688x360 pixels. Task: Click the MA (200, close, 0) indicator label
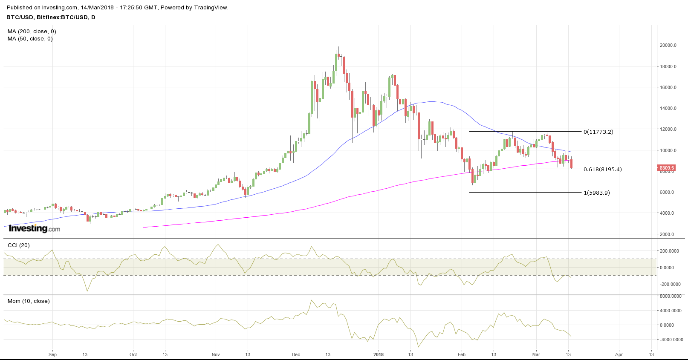point(32,32)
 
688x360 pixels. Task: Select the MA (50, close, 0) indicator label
point(30,39)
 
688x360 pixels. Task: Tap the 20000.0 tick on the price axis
point(668,45)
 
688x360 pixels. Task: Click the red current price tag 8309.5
point(667,168)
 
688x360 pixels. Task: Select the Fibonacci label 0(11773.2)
point(598,132)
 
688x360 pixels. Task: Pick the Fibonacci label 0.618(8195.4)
point(602,170)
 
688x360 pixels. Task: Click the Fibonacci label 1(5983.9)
point(596,193)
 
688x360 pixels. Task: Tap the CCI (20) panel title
point(19,245)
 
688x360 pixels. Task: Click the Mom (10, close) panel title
point(29,301)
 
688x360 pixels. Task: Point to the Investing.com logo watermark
point(35,228)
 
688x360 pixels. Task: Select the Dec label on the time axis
point(296,354)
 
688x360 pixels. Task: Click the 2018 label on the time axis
point(378,354)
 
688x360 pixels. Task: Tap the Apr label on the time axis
point(619,354)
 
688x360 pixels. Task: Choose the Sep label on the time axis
point(52,354)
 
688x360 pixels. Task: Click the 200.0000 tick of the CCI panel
point(671,251)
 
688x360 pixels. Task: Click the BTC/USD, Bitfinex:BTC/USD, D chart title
point(51,17)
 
